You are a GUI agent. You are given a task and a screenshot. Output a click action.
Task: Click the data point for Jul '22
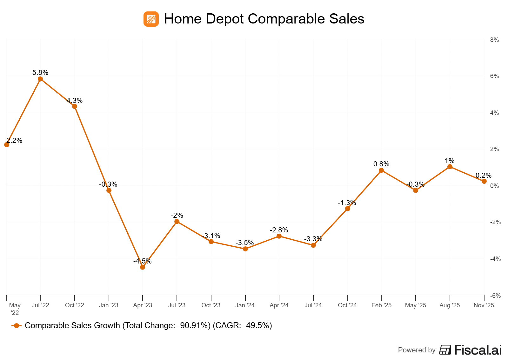[40, 79]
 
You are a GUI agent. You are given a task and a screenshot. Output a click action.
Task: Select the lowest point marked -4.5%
[143, 267]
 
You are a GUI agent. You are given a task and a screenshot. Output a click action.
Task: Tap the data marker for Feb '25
[381, 170]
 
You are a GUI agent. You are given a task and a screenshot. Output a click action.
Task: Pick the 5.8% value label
[40, 73]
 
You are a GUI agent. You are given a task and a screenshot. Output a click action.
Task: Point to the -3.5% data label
[244, 243]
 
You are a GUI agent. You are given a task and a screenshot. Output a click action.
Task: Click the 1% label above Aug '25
[450, 161]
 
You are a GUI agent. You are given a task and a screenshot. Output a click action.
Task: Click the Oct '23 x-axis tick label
[211, 305]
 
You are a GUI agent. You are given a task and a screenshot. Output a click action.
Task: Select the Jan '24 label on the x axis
[245, 305]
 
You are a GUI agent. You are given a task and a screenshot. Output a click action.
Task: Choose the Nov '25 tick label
[484, 305]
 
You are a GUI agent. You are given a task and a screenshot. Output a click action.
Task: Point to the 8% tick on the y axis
[494, 40]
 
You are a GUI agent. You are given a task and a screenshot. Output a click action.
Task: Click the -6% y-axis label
[495, 296]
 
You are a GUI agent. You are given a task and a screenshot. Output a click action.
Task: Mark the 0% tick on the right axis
[494, 186]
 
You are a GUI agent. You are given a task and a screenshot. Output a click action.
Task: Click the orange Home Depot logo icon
[151, 19]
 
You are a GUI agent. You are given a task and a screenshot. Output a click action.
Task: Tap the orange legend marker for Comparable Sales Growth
[17, 326]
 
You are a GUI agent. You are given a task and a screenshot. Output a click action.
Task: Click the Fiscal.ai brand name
[478, 350]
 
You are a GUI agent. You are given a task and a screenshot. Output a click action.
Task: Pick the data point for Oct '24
[347, 209]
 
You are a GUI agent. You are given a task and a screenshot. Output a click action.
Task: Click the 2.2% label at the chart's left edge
[14, 141]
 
